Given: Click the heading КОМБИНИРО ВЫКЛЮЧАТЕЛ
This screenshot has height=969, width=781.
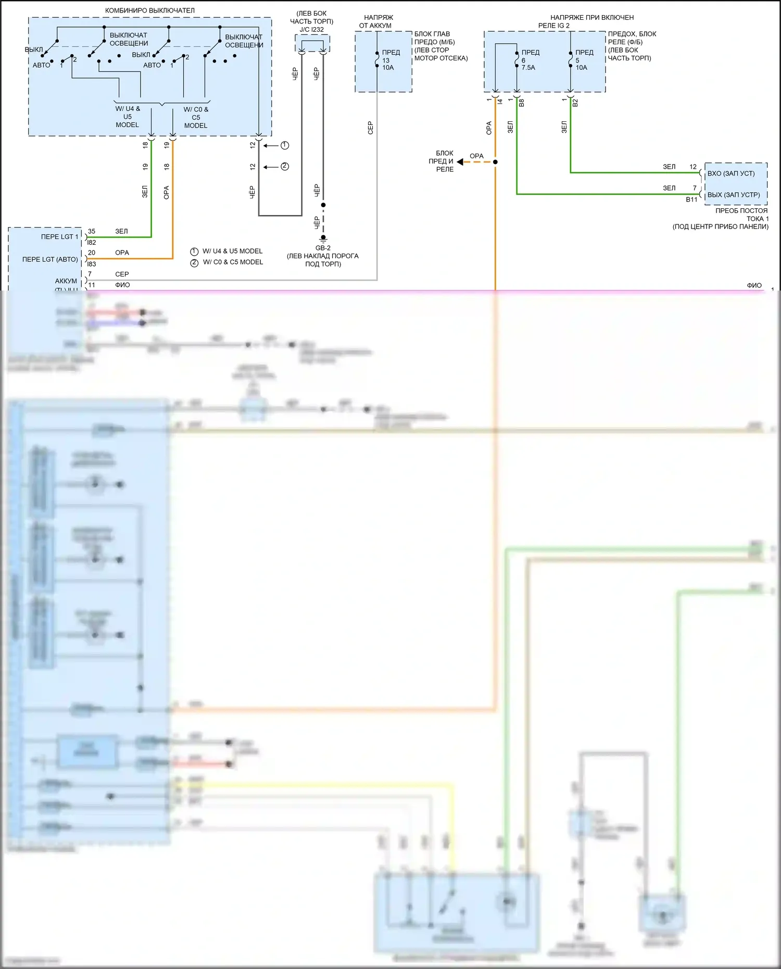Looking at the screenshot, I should coord(149,10).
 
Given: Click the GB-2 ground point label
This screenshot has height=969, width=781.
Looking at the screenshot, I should coord(323,248).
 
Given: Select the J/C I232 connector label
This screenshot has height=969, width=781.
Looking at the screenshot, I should coord(311,30).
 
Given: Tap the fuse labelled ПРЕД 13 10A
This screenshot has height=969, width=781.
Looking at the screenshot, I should coord(377,60).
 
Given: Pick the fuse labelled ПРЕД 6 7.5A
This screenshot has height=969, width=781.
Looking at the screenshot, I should coord(517,60).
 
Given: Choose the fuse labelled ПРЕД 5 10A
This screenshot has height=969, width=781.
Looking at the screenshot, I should coord(571,60).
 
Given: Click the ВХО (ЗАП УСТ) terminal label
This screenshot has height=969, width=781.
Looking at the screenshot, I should coord(730,173).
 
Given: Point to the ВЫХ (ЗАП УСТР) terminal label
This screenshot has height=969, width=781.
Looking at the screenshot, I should coord(733,195).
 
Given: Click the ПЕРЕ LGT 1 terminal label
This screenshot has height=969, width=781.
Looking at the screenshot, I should coord(59,237).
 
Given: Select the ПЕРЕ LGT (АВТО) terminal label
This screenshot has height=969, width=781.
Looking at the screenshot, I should coord(50,259).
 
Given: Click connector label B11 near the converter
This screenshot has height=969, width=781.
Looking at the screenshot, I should coord(691,199).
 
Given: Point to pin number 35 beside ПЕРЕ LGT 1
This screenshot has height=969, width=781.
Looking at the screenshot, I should coord(92,231).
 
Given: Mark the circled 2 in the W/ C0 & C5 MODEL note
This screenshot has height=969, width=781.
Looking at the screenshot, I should coord(194,262).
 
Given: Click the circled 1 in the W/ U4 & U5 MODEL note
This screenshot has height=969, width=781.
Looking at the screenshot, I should coord(194,251).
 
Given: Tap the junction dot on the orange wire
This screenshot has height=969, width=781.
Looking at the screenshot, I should coord(495,162).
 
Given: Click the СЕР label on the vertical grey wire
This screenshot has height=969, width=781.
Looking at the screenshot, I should coord(370,128).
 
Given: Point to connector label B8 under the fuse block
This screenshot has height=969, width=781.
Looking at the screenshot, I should coord(522,103).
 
